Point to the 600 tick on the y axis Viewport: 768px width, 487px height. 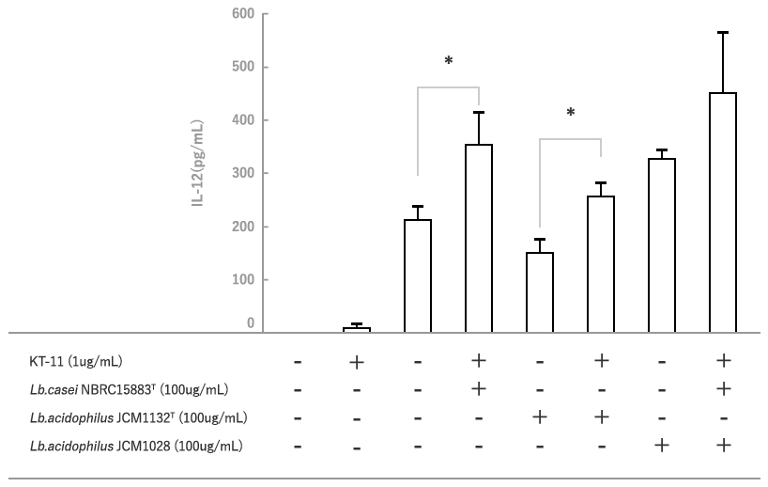tap(243, 14)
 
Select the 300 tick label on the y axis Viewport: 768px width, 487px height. tap(243, 174)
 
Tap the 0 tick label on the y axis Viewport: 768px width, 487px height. tap(251, 323)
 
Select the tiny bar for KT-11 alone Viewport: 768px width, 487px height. tap(357, 329)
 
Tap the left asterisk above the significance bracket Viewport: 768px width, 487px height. tap(449, 62)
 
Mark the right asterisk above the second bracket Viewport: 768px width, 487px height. tap(570, 114)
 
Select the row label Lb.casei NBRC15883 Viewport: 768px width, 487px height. tap(117, 389)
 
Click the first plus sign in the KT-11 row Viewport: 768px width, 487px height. tap(357, 362)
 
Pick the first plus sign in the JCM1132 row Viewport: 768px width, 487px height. tap(540, 417)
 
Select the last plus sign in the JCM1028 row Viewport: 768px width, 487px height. tap(722, 446)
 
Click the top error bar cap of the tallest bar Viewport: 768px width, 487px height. tap(722, 33)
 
